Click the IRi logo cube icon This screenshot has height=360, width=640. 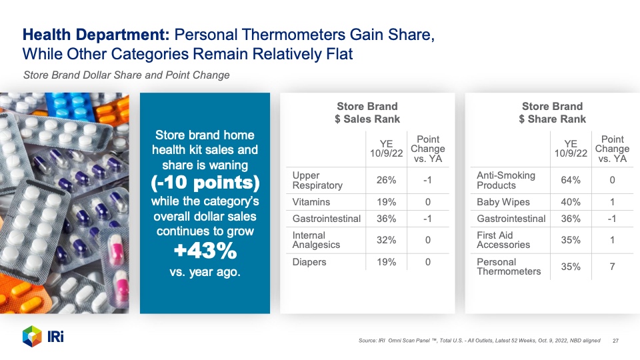pos(32,336)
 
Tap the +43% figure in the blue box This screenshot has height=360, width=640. pos(205,251)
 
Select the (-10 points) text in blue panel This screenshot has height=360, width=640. pos(205,183)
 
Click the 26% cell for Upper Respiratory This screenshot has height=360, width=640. pos(386,180)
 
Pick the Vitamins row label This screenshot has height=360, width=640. pos(311,202)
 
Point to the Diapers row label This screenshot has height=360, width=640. pos(309,262)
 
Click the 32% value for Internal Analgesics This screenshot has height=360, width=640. pos(386,240)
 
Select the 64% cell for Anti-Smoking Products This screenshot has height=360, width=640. pos(571,180)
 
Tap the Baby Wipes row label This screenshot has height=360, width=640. pos(503,202)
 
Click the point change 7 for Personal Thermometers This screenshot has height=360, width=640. pos(612,267)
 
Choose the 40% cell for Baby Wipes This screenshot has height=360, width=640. pos(571,202)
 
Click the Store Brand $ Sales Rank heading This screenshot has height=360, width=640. pos(367,113)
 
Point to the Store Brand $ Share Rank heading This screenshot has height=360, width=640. pos(552,113)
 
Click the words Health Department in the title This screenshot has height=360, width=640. pos(96,35)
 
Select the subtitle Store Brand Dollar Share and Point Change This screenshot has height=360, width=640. pos(127,75)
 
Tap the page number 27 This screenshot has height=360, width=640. pos(615,341)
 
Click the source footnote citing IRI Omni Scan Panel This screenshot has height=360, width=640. pos(479,341)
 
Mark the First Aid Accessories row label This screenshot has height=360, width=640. pos(503,240)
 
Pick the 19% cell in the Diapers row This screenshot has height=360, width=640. pos(386,262)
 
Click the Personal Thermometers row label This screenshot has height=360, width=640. pos(509,267)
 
